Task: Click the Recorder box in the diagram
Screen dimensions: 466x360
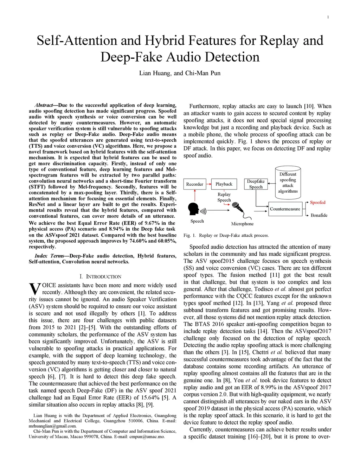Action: pos(194,184)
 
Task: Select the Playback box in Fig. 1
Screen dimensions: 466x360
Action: pos(224,184)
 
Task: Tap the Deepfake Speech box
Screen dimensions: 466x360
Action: pos(256,184)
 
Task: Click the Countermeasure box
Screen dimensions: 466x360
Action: pos(285,209)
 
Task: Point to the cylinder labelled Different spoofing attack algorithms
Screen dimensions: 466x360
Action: pos(288,182)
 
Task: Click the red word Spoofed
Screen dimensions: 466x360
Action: pos(317,203)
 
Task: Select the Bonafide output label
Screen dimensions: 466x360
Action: pos(319,215)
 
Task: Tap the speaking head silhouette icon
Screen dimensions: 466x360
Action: pos(194,209)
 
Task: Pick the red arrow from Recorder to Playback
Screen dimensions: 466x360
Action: pos(208,184)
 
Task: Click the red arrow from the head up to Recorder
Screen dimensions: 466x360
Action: pos(194,195)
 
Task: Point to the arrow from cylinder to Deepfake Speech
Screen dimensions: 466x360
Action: pos(271,183)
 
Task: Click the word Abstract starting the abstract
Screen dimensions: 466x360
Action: pos(44,105)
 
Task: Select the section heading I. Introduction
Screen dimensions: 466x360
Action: pos(101,277)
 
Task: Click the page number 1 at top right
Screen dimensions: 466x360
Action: pos(328,17)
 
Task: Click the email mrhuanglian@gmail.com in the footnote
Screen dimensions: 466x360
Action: pos(52,426)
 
